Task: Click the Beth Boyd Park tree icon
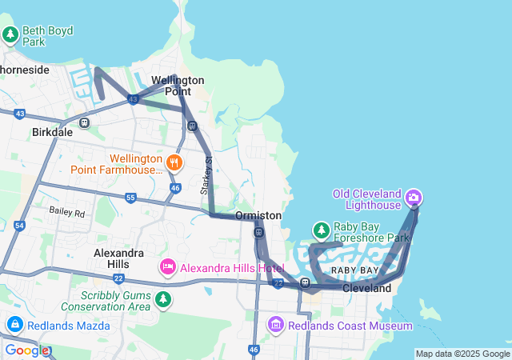point(10,35)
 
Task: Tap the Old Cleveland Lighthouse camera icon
point(414,197)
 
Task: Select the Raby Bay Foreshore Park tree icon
point(321,231)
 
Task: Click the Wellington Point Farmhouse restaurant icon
point(174,163)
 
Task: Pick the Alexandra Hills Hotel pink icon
point(167,266)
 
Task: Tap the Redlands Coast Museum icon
point(276,325)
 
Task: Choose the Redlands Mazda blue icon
point(14,325)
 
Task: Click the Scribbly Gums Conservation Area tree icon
point(163,300)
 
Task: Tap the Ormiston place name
point(258,216)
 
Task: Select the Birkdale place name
point(52,132)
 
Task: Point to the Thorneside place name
point(24,70)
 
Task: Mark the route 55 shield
point(130,198)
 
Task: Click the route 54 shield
point(19,226)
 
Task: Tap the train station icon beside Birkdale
point(84,123)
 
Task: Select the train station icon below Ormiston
point(258,233)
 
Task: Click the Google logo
point(26,350)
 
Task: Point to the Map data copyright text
point(462,354)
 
